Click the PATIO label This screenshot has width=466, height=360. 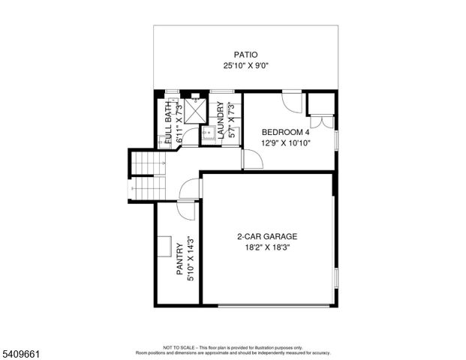pyautogui.click(x=245, y=55)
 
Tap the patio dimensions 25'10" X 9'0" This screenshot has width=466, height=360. pyautogui.click(x=245, y=66)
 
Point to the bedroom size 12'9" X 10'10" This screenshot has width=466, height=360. pyautogui.click(x=286, y=142)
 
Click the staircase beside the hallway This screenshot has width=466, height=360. pyautogui.click(x=145, y=175)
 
